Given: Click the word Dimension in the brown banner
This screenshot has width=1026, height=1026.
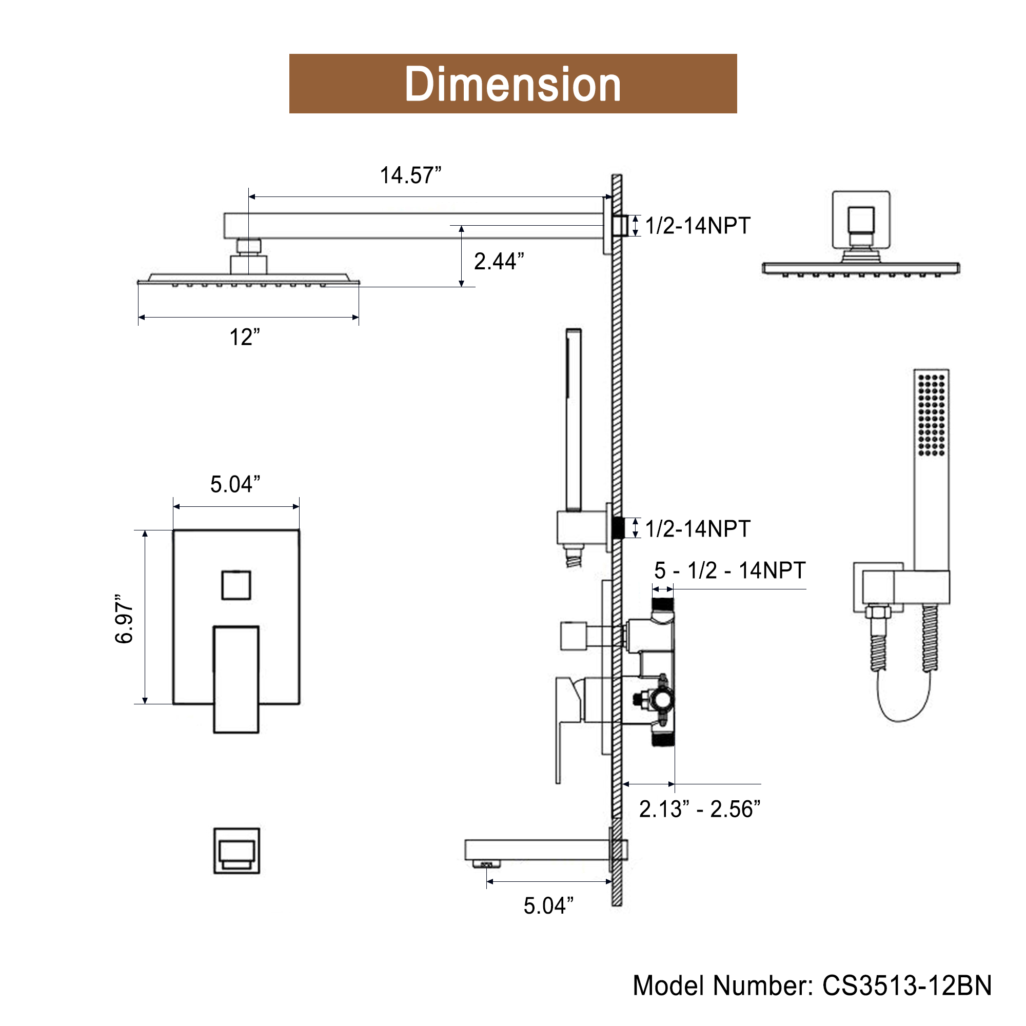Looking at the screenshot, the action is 512,84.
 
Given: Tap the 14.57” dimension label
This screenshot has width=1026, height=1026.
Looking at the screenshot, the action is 410,175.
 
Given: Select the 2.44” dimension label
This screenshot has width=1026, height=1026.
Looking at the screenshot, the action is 499,261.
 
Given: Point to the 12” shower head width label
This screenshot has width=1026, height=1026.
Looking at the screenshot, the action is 245,337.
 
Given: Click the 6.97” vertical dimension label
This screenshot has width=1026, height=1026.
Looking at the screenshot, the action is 124,619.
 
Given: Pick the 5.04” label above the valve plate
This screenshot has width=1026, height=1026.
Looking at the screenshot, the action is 235,484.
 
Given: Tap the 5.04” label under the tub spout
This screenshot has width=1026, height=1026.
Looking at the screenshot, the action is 548,906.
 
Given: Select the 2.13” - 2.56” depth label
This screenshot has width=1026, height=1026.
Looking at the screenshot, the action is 700,810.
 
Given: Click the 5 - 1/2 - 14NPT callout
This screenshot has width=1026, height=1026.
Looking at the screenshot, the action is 730,570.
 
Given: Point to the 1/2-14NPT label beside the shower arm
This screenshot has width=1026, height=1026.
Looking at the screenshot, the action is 698,226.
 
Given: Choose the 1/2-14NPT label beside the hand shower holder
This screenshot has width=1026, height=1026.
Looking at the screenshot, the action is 698,529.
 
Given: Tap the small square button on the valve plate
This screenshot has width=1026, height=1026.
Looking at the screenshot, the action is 236,585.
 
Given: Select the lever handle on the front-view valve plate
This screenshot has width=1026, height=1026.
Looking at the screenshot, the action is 236,680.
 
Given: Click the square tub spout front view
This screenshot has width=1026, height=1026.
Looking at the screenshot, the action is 237,851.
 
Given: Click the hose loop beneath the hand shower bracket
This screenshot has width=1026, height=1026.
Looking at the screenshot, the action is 903,701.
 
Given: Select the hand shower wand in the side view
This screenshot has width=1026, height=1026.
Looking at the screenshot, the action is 574,420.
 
